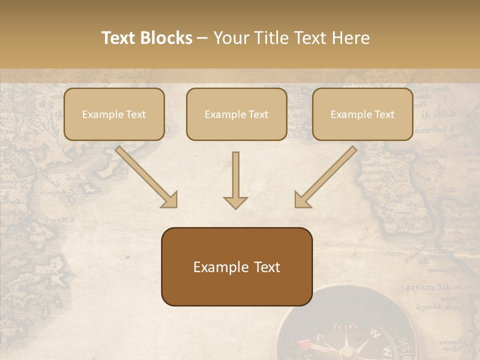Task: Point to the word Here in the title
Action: [x=352, y=38]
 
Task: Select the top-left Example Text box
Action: [x=114, y=114]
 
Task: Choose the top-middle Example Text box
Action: [x=236, y=114]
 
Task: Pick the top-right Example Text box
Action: [x=362, y=114]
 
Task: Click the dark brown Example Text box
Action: [x=236, y=266]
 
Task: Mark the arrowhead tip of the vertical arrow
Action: [x=235, y=207]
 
